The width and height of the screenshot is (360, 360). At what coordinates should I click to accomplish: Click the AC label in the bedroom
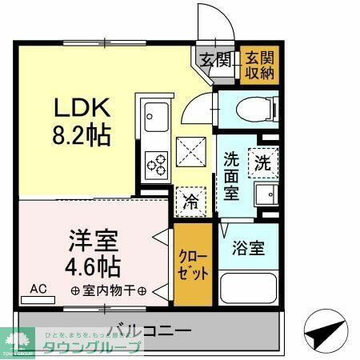coord(37,289)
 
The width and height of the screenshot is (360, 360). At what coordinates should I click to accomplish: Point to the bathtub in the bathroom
coord(248,289)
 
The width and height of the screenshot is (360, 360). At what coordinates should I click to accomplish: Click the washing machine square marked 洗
coord(262,163)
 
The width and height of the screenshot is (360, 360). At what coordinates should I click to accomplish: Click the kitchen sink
coord(154,120)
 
